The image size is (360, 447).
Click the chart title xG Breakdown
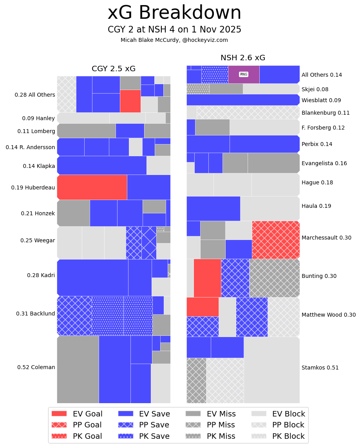(x=174, y=13)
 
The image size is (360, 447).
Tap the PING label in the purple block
(x=243, y=74)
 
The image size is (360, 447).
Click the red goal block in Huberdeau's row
(x=92, y=187)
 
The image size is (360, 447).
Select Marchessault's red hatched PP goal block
(x=276, y=240)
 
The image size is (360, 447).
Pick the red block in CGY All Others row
(x=130, y=101)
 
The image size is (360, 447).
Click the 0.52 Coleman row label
(x=36, y=367)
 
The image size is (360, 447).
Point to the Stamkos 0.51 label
(x=320, y=368)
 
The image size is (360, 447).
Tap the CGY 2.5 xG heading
(x=114, y=69)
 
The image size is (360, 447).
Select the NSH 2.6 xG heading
(x=243, y=58)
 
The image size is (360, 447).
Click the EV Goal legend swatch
(x=59, y=414)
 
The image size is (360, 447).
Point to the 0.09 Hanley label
(x=38, y=118)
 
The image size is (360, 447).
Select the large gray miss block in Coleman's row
(x=78, y=369)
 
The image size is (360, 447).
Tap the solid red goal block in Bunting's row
(x=207, y=278)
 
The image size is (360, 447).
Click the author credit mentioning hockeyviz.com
(x=174, y=40)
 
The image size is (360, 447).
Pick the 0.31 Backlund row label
(x=36, y=314)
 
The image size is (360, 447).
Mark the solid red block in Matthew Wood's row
(x=202, y=306)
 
